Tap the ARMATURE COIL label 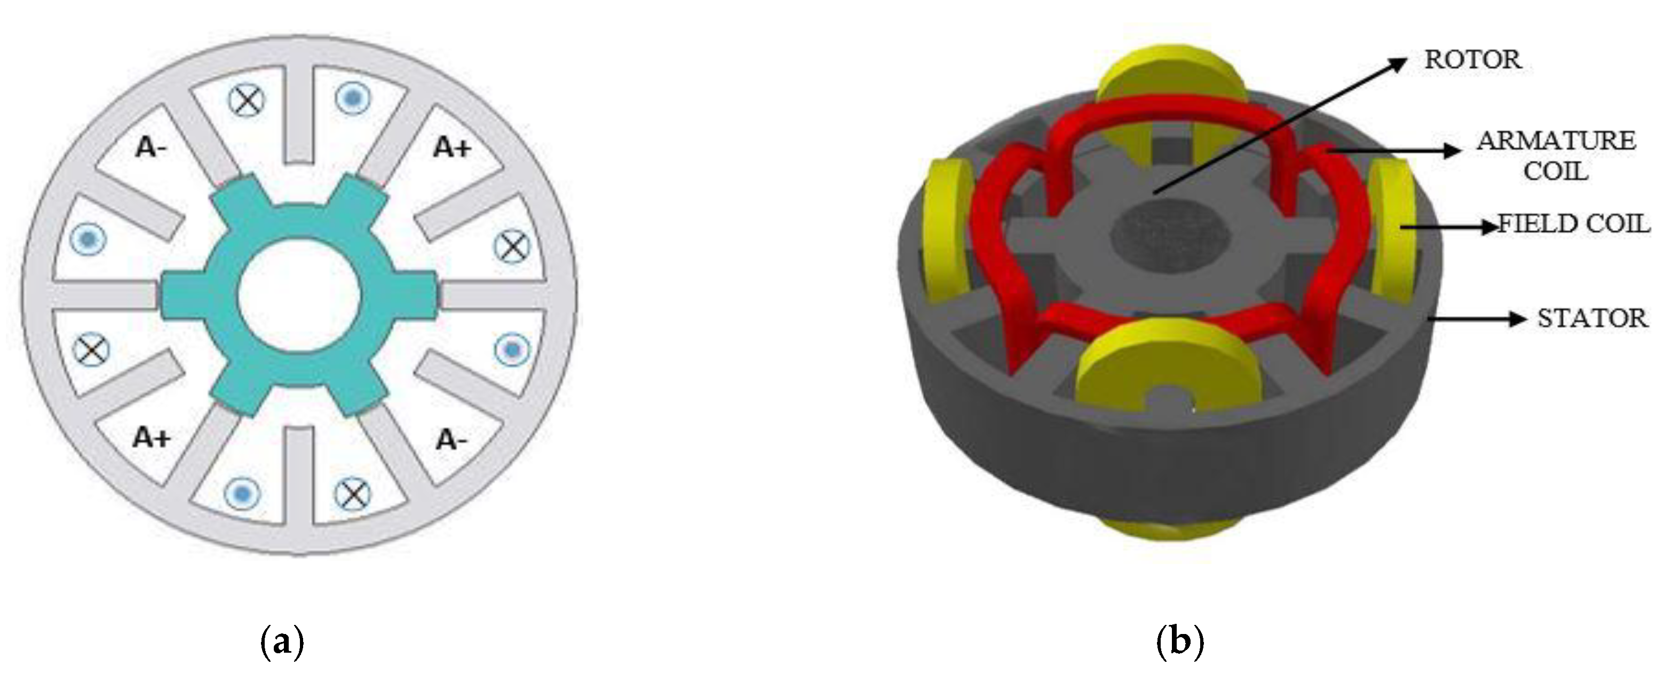point(1556,156)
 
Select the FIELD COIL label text point(1574,224)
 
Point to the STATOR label point(1592,318)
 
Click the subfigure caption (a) point(281,642)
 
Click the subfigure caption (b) point(1179,642)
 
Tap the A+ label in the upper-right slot point(453,147)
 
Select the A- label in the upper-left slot point(150,147)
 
